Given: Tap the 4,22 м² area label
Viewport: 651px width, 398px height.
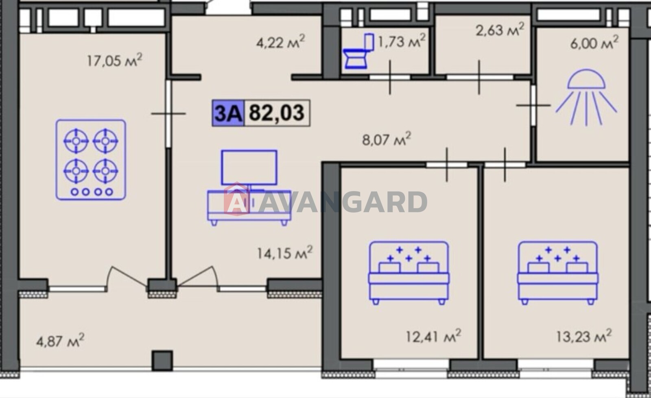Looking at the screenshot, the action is pyautogui.click(x=280, y=42).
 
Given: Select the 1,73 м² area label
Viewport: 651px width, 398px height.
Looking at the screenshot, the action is pyautogui.click(x=401, y=41).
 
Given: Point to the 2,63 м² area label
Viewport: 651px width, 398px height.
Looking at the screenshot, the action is pyautogui.click(x=500, y=30).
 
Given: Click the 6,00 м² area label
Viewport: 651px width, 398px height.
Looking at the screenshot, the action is pyautogui.click(x=594, y=43).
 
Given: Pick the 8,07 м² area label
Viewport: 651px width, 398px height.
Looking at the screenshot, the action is pyautogui.click(x=387, y=139).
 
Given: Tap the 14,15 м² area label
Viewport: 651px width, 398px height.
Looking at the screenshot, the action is pyautogui.click(x=285, y=252).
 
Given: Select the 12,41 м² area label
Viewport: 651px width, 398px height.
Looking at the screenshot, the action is pyautogui.click(x=433, y=336).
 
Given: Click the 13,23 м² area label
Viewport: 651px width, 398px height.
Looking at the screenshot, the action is pyautogui.click(x=584, y=336).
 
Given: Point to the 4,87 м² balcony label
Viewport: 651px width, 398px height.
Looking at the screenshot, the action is pyautogui.click(x=60, y=340).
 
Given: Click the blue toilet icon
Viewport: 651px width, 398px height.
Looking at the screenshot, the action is pyautogui.click(x=358, y=51).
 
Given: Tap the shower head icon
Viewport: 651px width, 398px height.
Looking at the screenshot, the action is pyautogui.click(x=586, y=97).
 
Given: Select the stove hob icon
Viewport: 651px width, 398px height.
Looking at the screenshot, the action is pyautogui.click(x=91, y=160).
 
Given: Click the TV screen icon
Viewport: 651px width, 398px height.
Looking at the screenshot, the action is pyautogui.click(x=249, y=167).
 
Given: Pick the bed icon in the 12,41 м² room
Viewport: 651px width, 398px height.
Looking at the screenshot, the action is pyautogui.click(x=409, y=273).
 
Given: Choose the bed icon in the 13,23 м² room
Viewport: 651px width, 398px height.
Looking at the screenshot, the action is pyautogui.click(x=558, y=273).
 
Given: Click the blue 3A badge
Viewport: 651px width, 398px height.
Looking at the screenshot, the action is pyautogui.click(x=228, y=113).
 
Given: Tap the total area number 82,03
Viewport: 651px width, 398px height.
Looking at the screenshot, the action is pyautogui.click(x=277, y=113).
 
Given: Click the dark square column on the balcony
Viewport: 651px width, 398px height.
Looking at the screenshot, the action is pyautogui.click(x=162, y=361).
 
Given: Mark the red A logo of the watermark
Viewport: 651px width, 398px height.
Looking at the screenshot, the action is pyautogui.click(x=236, y=199).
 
